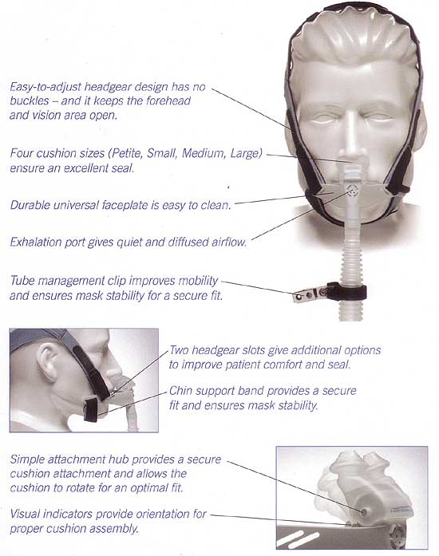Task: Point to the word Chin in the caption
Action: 180,390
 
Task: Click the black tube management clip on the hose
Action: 346,291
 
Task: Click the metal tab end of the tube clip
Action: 303,296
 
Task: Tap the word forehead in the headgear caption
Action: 168,101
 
